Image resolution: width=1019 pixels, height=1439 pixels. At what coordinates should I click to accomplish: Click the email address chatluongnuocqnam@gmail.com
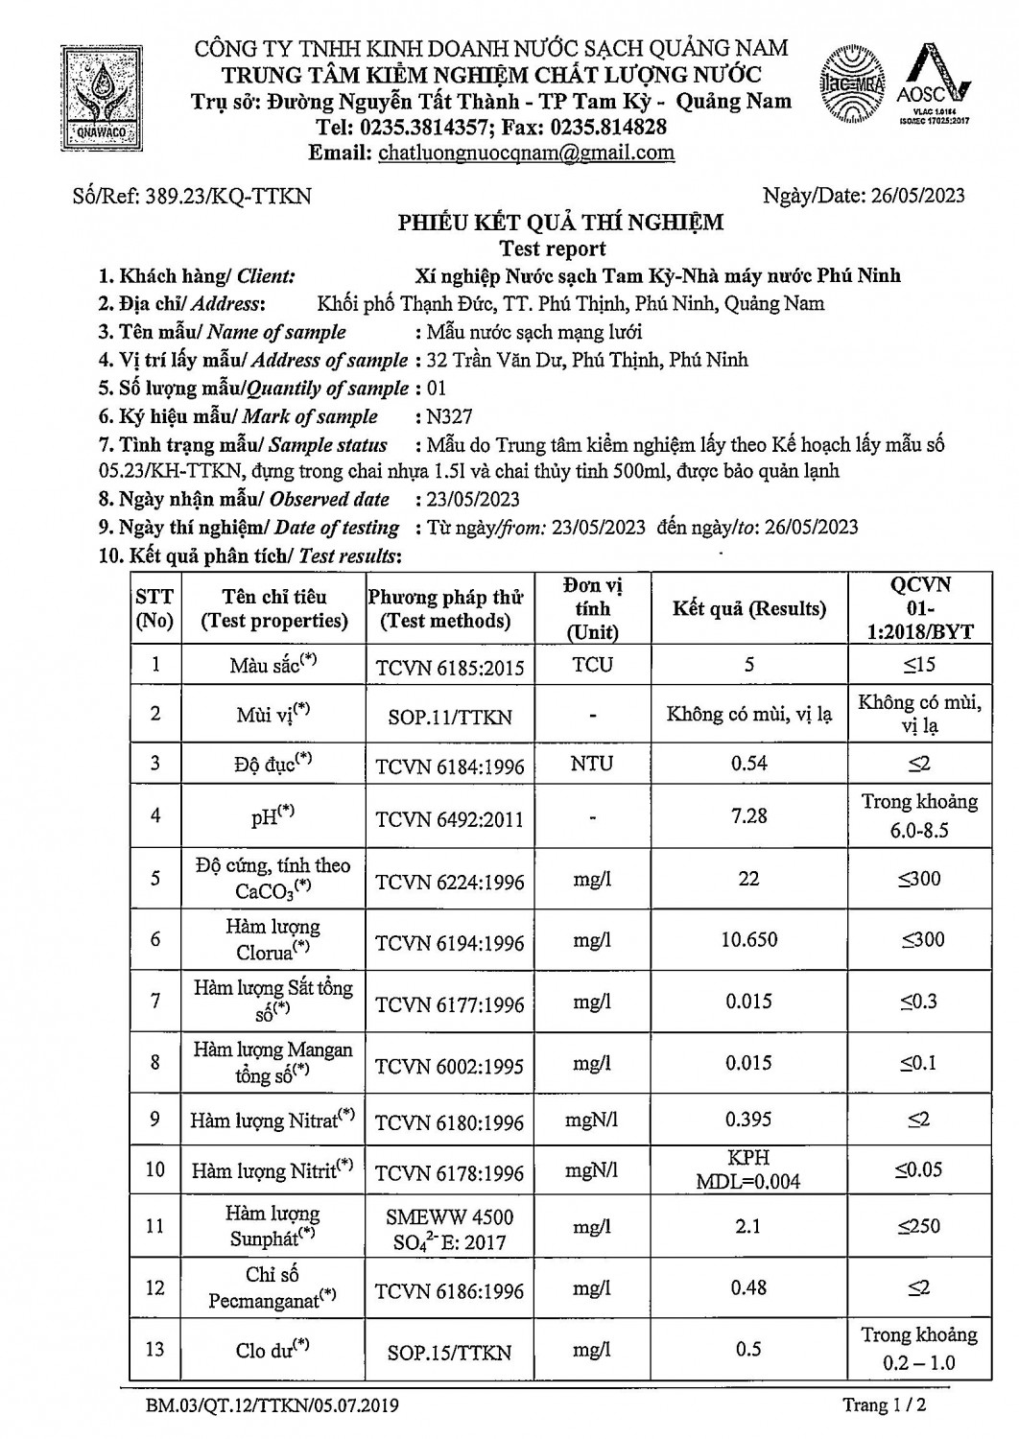[526, 153]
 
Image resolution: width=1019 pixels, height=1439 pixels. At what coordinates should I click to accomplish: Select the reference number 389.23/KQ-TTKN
[227, 197]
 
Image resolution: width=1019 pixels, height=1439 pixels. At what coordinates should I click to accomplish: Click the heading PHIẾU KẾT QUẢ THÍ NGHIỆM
[561, 224]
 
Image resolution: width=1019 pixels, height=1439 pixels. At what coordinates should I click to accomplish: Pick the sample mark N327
[451, 416]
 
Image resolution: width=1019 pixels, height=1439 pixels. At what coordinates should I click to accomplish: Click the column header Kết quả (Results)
[748, 609]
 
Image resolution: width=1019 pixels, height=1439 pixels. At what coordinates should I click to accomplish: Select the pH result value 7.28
[748, 815]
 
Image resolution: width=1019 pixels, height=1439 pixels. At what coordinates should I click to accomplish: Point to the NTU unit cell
[592, 764]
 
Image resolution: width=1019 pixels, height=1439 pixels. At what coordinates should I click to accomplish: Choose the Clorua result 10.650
[748, 940]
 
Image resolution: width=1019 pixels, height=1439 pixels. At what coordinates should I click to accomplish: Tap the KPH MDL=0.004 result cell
[748, 1169]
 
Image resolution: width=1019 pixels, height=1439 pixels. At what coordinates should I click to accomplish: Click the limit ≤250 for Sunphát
[918, 1226]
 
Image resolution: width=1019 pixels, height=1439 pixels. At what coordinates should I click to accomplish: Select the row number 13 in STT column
[154, 1349]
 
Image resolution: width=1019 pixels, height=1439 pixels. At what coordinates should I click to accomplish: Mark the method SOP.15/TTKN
[449, 1353]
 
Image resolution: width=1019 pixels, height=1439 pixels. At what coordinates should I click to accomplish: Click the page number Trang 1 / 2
[884, 1405]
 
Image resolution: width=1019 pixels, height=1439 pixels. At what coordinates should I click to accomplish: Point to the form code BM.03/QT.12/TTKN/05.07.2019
[273, 1406]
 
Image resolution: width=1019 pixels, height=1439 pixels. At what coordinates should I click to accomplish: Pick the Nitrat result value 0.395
[748, 1120]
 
